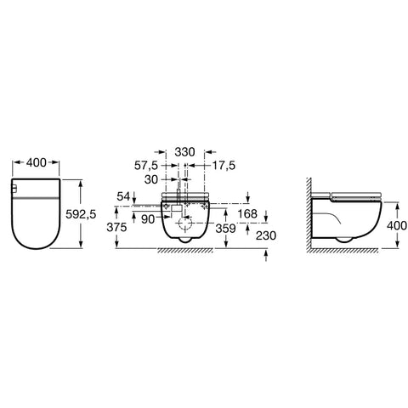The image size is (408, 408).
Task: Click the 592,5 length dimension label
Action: point(81,214)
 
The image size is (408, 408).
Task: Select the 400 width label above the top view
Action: point(36,162)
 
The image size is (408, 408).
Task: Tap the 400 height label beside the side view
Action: point(397,226)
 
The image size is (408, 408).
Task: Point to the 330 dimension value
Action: point(184,152)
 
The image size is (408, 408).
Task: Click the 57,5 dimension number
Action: point(145,166)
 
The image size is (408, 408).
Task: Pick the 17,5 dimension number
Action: point(224,166)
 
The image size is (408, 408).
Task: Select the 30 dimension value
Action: point(151,179)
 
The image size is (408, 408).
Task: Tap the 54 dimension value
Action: point(123,196)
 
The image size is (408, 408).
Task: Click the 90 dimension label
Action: point(148,219)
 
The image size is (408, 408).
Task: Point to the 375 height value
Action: point(116,227)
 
